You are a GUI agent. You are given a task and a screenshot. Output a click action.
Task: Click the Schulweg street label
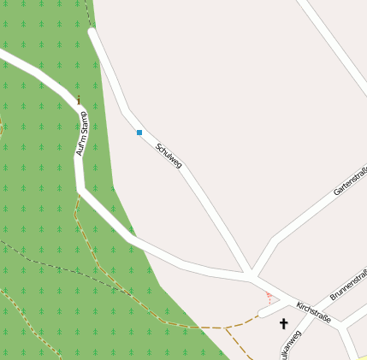[x=169, y=155]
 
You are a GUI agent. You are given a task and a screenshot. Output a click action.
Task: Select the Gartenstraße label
[x=351, y=181]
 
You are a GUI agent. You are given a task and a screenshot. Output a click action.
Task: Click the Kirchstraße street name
[x=313, y=310]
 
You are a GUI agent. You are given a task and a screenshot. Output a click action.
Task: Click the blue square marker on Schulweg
[x=139, y=133]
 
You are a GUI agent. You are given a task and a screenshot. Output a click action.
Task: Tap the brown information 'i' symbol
[x=79, y=100]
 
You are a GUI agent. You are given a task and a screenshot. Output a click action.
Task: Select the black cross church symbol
[x=284, y=323]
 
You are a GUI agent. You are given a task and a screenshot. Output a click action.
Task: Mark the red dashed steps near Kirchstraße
[x=269, y=298]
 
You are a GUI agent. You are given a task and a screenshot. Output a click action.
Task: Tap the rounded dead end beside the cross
[x=263, y=313]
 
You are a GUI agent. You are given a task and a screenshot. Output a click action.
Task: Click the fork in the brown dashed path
[x=227, y=328]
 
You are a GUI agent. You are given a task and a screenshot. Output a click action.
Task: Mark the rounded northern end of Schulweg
[x=92, y=33]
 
